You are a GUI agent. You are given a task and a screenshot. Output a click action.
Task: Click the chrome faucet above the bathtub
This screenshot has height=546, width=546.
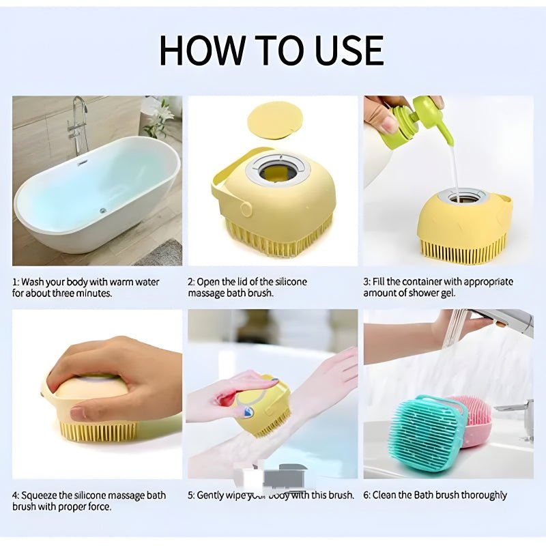point(79,123)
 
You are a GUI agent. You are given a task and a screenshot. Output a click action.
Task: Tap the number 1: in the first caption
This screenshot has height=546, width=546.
point(16,282)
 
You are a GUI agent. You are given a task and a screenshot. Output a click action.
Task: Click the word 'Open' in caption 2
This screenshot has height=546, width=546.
point(210,282)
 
